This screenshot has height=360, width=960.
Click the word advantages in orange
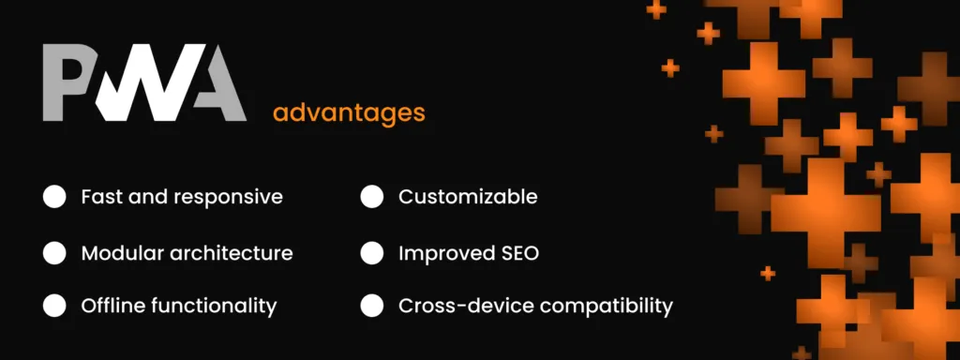(349, 114)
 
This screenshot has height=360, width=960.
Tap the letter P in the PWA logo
(67, 82)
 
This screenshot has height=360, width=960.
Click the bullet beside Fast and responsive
(54, 197)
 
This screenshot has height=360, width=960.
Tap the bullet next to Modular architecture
(54, 253)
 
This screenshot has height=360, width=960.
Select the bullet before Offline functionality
(54, 306)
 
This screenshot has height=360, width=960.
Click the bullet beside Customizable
(371, 197)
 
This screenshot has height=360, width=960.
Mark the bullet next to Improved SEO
(371, 253)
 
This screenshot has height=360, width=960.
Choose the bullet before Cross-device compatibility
(371, 306)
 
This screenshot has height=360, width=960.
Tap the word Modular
(122, 253)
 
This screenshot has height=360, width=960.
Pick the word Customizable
(468, 197)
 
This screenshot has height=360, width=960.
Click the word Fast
(100, 197)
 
